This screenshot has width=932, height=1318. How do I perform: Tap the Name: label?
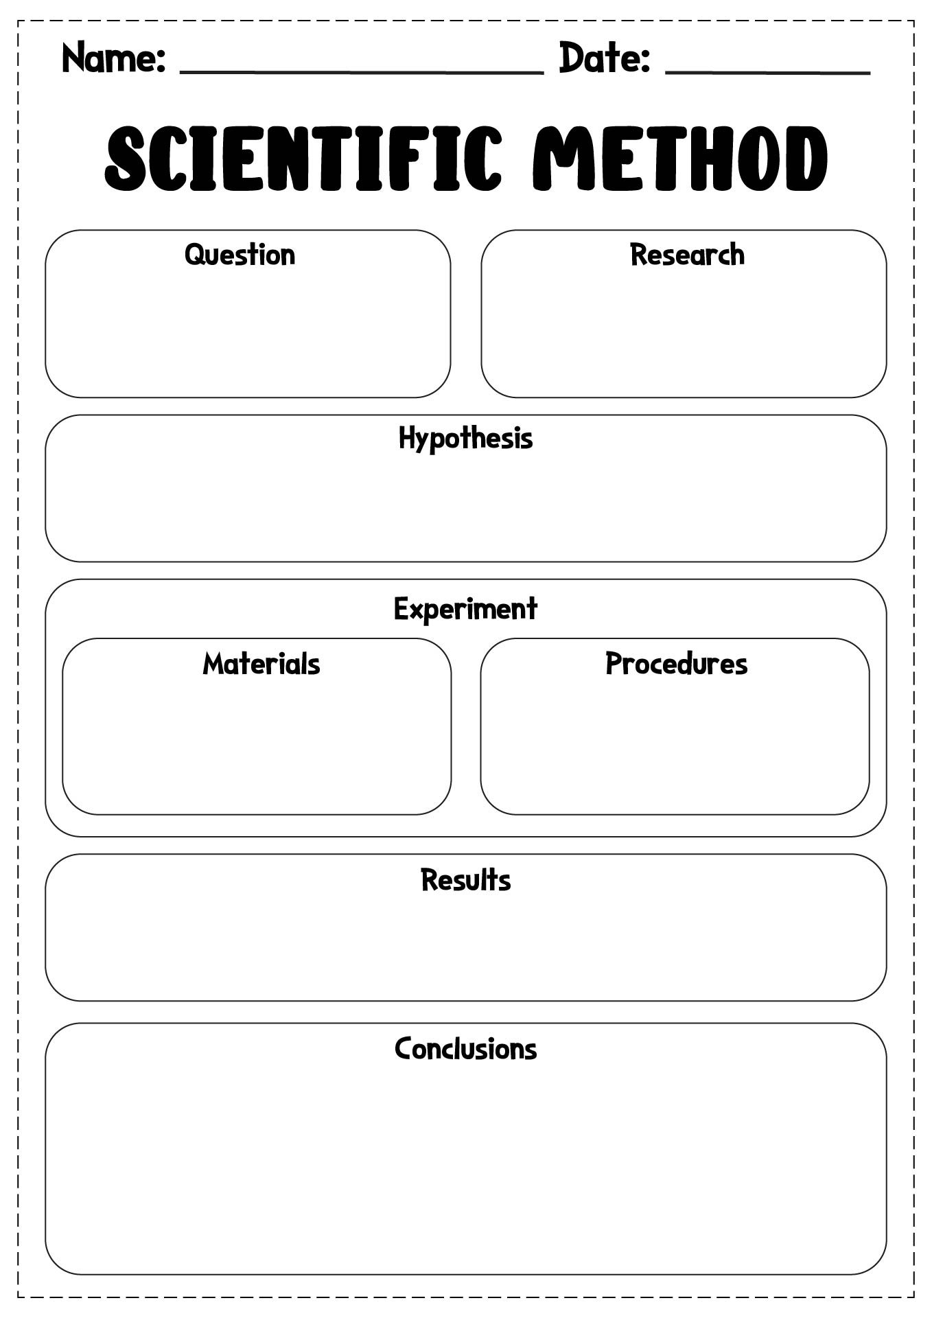114,58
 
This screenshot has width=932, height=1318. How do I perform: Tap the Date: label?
605,58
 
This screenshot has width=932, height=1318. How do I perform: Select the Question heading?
240,255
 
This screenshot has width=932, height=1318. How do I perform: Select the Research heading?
687,255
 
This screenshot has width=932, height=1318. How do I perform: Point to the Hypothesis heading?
465,439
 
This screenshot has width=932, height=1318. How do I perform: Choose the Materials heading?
261,664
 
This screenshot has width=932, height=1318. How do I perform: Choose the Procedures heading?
676,664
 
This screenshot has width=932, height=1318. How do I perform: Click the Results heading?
465,880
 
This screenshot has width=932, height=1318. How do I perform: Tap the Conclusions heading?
465,1049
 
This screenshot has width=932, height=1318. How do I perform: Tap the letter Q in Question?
196,255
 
